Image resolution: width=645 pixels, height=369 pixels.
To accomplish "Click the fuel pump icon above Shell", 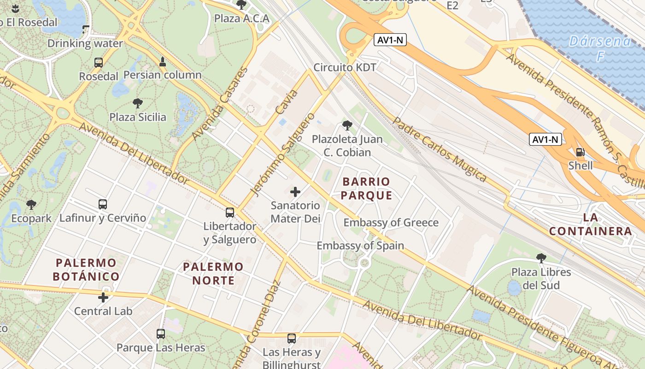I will pyautogui.click(x=580, y=152).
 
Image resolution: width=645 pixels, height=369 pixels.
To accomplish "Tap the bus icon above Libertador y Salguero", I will pyautogui.click(x=229, y=213).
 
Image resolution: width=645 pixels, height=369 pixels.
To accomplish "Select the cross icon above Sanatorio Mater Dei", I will pyautogui.click(x=295, y=192).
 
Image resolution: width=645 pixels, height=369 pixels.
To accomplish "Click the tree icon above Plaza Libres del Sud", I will pyautogui.click(x=541, y=258).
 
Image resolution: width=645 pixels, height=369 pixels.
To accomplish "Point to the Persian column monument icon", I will pyautogui.click(x=162, y=61).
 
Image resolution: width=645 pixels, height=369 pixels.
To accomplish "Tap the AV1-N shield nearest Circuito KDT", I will pyautogui.click(x=390, y=40).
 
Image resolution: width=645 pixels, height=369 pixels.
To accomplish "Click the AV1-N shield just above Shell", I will pyautogui.click(x=545, y=139).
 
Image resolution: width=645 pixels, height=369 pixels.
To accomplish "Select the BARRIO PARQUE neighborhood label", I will pyautogui.click(x=366, y=189).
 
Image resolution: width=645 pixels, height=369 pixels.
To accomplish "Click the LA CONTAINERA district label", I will pyautogui.click(x=591, y=224).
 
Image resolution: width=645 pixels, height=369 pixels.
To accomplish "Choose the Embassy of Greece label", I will pyautogui.click(x=391, y=223).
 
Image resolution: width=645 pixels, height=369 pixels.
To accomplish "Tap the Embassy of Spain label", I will pyautogui.click(x=360, y=245).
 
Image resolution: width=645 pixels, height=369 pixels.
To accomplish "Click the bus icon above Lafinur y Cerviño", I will pyautogui.click(x=103, y=204).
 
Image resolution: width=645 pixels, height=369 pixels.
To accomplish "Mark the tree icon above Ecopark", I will pyautogui.click(x=31, y=205).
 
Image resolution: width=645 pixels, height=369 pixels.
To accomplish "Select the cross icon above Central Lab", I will pyautogui.click(x=103, y=298).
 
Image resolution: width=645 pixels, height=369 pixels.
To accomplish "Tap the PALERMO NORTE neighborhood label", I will pyautogui.click(x=213, y=273).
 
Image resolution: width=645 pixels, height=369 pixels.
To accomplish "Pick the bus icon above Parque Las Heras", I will pyautogui.click(x=160, y=334).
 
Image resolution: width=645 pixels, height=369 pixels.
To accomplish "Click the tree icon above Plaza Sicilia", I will pyautogui.click(x=137, y=103).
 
